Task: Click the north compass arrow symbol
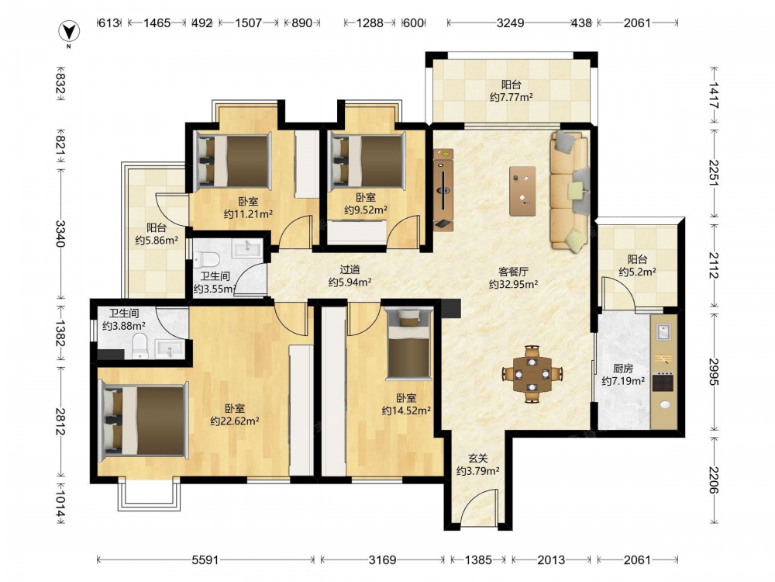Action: (69, 32)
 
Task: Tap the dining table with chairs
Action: (532, 374)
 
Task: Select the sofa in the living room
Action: (570, 191)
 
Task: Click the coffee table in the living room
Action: (523, 191)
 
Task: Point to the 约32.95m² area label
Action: (514, 284)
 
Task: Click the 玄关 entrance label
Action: (478, 459)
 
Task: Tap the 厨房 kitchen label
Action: (623, 368)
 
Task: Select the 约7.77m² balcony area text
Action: (511, 97)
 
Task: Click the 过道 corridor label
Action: (350, 270)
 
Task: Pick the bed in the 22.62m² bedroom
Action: (144, 421)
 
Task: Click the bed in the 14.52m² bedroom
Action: (408, 344)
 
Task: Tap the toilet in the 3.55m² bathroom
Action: (206, 259)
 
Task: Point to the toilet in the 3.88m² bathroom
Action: (140, 346)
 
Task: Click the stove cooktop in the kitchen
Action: (663, 383)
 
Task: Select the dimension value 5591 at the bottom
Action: (205, 559)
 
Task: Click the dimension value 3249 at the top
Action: (510, 23)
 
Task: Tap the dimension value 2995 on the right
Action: (714, 372)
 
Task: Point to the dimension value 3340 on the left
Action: (60, 234)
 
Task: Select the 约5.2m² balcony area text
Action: (638, 272)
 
